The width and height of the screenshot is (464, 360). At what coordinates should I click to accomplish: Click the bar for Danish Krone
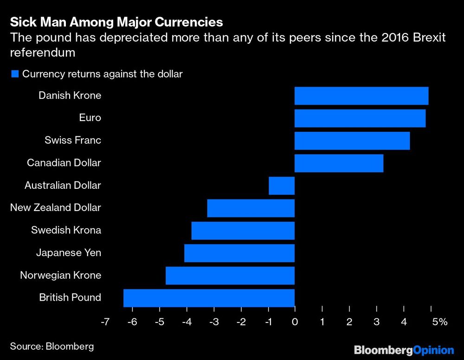361,96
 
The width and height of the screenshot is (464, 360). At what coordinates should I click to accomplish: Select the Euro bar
360,118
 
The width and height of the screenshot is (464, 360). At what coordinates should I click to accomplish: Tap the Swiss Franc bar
352,141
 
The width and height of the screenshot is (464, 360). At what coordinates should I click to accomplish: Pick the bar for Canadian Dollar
339,163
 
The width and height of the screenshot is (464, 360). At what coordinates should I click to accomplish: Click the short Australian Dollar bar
282,186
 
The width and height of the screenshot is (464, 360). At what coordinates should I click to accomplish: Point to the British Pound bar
209,297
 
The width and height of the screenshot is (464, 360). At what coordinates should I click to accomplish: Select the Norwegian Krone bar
230,275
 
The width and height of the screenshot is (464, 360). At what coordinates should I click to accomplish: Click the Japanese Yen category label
68,253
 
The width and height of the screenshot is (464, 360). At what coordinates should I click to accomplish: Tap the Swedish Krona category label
66,230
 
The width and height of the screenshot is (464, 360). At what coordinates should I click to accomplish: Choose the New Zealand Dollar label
55,208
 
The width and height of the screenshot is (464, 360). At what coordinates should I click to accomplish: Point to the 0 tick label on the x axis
295,322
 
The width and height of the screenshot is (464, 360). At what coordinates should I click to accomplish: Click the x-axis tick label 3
376,322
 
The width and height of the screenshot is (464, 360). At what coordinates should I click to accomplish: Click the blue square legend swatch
15,74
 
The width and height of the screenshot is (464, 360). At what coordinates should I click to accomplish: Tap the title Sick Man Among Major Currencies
116,22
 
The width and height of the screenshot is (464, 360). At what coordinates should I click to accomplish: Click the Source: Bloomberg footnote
52,346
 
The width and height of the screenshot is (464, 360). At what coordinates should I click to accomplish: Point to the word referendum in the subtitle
42,52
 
